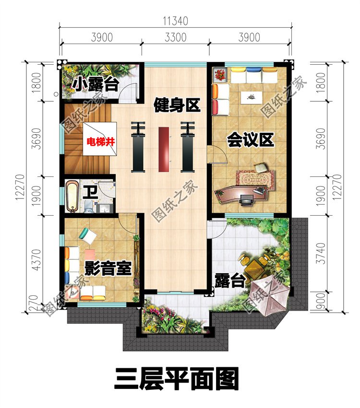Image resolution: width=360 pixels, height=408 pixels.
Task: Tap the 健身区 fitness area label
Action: coord(177,105)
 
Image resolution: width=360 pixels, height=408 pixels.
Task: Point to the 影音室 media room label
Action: coord(108,268)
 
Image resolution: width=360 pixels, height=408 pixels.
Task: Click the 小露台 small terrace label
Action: coord(96,85)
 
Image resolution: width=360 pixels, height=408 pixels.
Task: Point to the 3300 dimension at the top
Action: coord(175,37)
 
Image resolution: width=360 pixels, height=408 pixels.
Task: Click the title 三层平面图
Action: coord(176,378)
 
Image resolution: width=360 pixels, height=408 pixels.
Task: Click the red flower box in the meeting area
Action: coord(220,74)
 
